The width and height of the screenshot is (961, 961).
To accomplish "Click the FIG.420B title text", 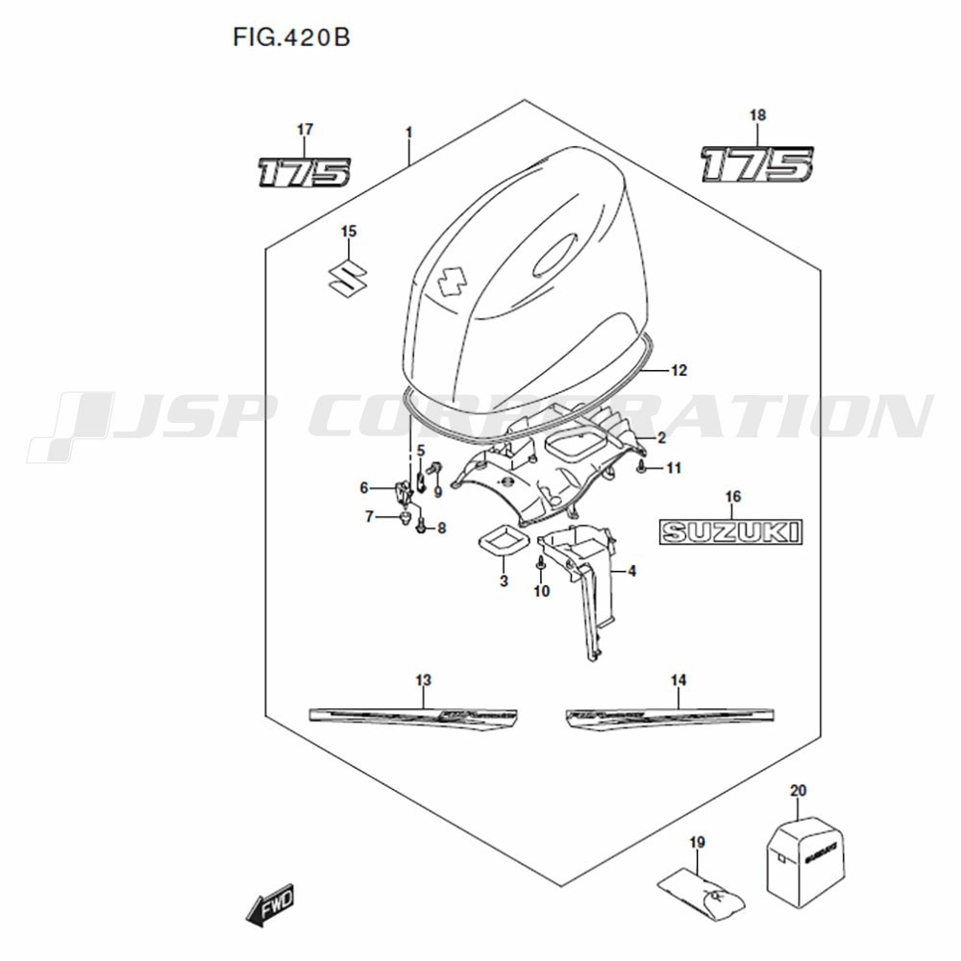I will pyautogui.click(x=290, y=38).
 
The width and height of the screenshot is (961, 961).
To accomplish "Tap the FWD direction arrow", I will pyautogui.click(x=271, y=906).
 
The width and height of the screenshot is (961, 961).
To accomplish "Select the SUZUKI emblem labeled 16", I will pyautogui.click(x=729, y=531).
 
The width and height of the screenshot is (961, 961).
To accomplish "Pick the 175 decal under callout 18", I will pyautogui.click(x=756, y=164).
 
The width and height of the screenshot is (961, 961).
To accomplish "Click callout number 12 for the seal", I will pyautogui.click(x=679, y=370).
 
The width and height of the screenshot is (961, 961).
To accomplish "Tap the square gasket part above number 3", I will pyautogui.click(x=503, y=542).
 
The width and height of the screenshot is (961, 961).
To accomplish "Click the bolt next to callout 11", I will pyautogui.click(x=641, y=467).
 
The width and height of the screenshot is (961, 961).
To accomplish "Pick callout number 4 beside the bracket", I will pyautogui.click(x=631, y=572).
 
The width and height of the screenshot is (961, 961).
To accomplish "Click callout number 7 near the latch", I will pyautogui.click(x=368, y=517).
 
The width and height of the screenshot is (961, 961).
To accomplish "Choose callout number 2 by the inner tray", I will pyautogui.click(x=661, y=437).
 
